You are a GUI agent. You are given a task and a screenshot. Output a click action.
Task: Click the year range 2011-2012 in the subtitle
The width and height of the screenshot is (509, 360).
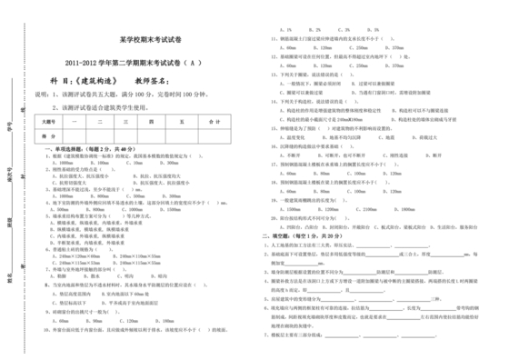click(x=85, y=63)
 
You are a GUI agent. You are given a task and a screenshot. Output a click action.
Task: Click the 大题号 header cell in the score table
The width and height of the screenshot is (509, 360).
click(x=48, y=120)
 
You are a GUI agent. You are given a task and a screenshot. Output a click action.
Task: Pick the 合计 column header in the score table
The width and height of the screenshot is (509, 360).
click(x=215, y=120)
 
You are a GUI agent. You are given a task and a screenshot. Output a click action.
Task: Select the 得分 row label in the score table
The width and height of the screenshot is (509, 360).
click(x=48, y=135)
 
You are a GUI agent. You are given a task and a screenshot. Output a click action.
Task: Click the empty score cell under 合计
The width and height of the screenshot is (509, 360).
click(x=215, y=135)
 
